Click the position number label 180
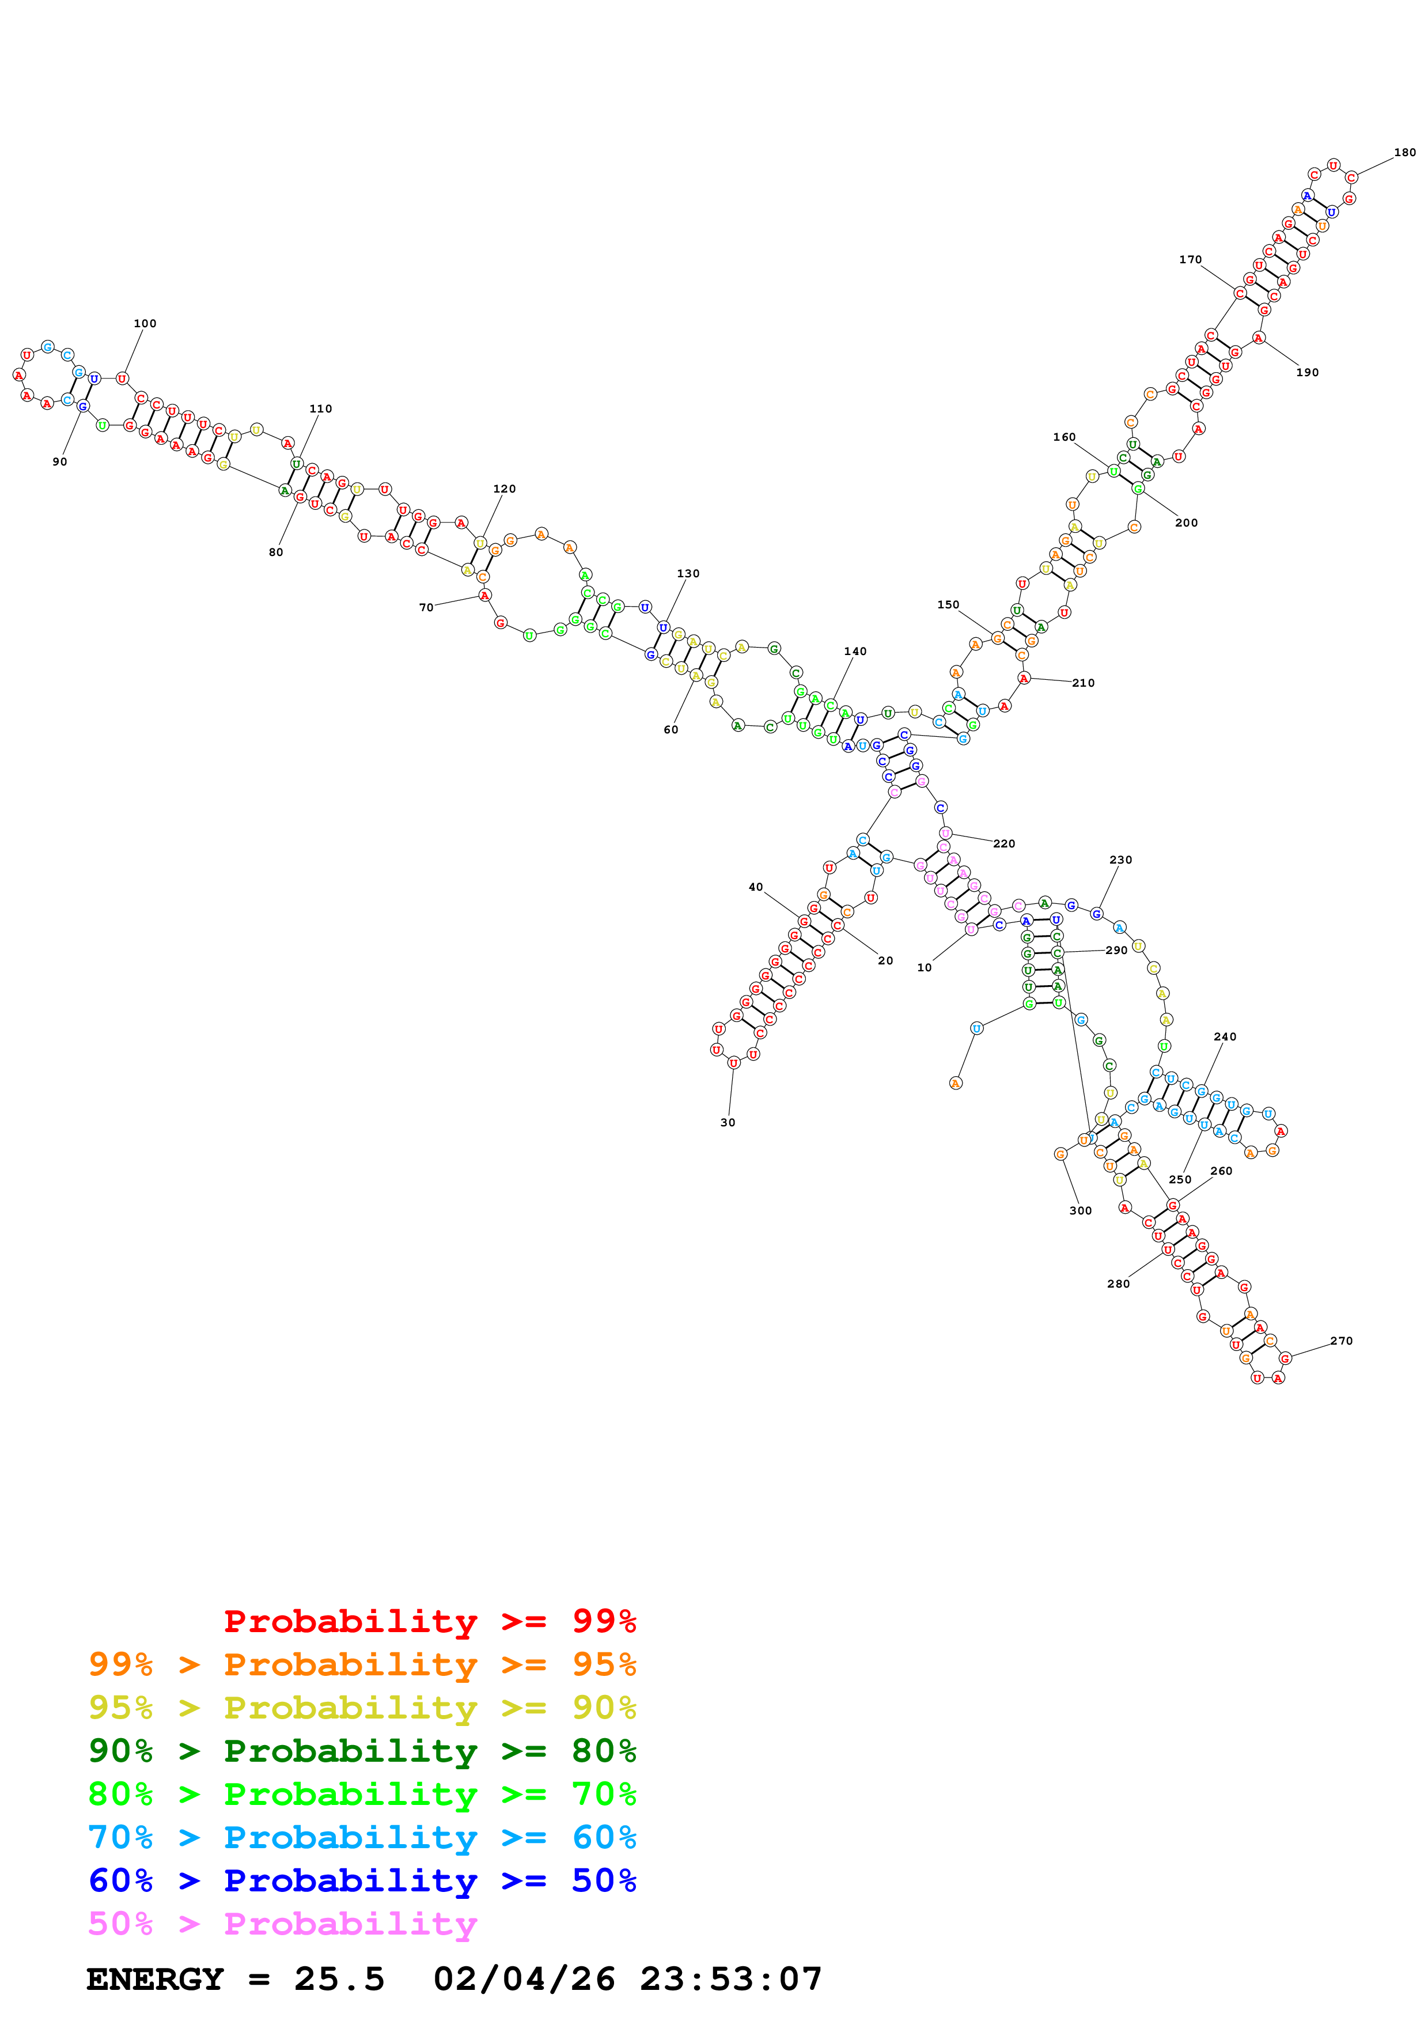pyautogui.click(x=1404, y=152)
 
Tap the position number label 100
pyautogui.click(x=145, y=323)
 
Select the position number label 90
pyautogui.click(x=60, y=461)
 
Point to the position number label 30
pyautogui.click(x=728, y=1122)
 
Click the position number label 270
pyautogui.click(x=1341, y=1341)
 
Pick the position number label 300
pyautogui.click(x=1081, y=1210)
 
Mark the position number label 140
pyautogui.click(x=855, y=652)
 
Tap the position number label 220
pyautogui.click(x=1004, y=843)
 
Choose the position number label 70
pyautogui.click(x=426, y=607)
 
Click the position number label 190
pyautogui.click(x=1308, y=372)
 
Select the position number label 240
pyautogui.click(x=1225, y=1037)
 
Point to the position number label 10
pyautogui.click(x=924, y=967)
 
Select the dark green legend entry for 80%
pyautogui.click(x=362, y=1751)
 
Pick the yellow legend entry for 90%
pyautogui.click(x=362, y=1708)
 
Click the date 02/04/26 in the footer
pyautogui.click(x=524, y=1979)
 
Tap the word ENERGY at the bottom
pyautogui.click(x=155, y=1979)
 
